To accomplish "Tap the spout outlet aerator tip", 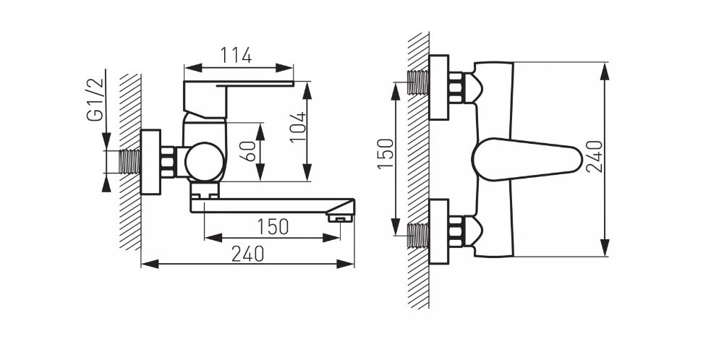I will (x=341, y=215).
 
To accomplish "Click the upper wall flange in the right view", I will (x=438, y=87).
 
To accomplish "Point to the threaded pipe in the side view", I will (x=129, y=162).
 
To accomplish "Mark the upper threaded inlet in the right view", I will (x=419, y=82).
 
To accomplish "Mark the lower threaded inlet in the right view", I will (x=419, y=235).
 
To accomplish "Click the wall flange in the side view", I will (x=150, y=162).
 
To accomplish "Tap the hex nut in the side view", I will (x=169, y=162).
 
